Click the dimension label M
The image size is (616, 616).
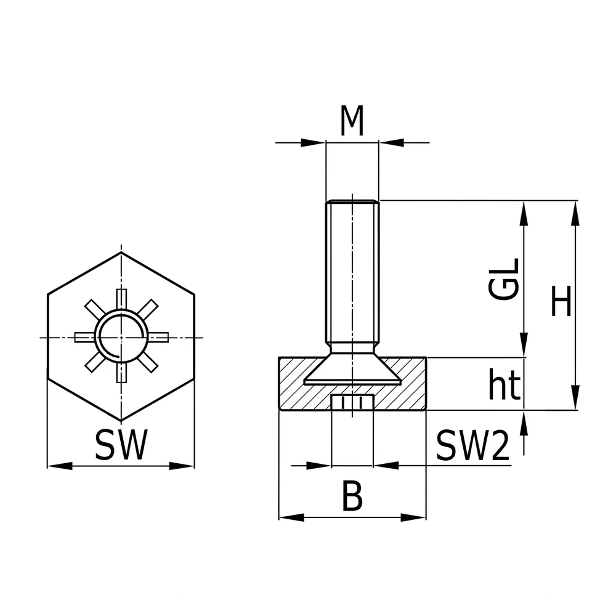coord(352,121)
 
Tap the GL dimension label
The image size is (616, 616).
coord(504,279)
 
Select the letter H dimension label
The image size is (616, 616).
coord(561,301)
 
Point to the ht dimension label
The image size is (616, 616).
coord(505,384)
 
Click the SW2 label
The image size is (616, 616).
coord(472,445)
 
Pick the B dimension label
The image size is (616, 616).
coord(352,495)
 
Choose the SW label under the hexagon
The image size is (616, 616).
coord(121,445)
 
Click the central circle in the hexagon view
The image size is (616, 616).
coord(122,337)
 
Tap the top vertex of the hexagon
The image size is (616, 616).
coord(121,252)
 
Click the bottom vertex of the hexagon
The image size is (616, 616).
coord(121,421)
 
